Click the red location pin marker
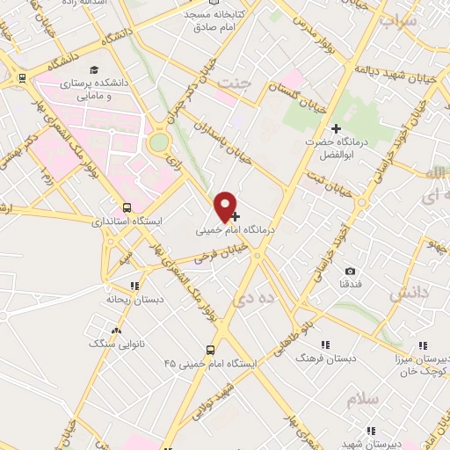pyautogui.click(x=226, y=205)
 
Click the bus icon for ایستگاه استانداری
pyautogui.click(x=128, y=208)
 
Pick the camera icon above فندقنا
pyautogui.click(x=351, y=271)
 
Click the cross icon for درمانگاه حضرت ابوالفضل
pyautogui.click(x=336, y=128)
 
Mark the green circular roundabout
pyautogui.click(x=158, y=142)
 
